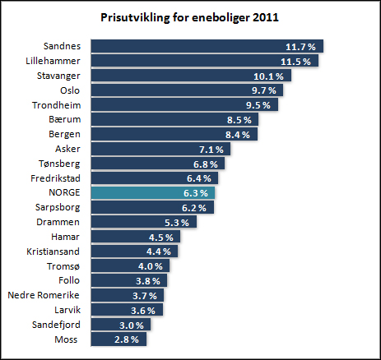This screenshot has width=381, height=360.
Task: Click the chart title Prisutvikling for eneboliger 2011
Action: click(x=189, y=17)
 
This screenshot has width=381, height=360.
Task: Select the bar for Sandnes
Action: click(x=207, y=46)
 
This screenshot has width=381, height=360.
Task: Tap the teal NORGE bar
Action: click(x=153, y=193)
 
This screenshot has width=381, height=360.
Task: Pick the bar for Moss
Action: click(x=118, y=339)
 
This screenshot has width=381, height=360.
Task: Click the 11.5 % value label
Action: click(x=295, y=62)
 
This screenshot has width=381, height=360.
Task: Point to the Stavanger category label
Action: click(x=58, y=76)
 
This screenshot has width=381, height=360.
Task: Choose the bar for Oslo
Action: click(x=187, y=90)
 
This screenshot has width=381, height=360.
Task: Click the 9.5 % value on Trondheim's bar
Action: click(x=258, y=105)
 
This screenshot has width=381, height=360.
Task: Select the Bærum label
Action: click(x=65, y=119)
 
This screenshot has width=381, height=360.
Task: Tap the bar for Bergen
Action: click(x=174, y=134)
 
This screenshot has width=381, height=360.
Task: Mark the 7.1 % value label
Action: click(x=211, y=150)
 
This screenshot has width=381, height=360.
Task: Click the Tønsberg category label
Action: click(x=59, y=164)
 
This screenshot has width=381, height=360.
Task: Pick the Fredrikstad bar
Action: click(x=155, y=178)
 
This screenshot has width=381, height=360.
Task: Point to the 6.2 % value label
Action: click(x=194, y=208)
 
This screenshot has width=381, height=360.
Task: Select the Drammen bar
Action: click(x=144, y=222)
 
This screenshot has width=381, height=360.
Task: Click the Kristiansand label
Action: click(x=53, y=252)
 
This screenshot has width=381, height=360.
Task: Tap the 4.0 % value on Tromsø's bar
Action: click(x=151, y=266)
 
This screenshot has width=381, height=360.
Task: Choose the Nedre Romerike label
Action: click(x=44, y=295)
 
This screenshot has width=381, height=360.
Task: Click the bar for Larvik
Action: click(x=127, y=310)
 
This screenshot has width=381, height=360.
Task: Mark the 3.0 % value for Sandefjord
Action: click(x=132, y=325)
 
